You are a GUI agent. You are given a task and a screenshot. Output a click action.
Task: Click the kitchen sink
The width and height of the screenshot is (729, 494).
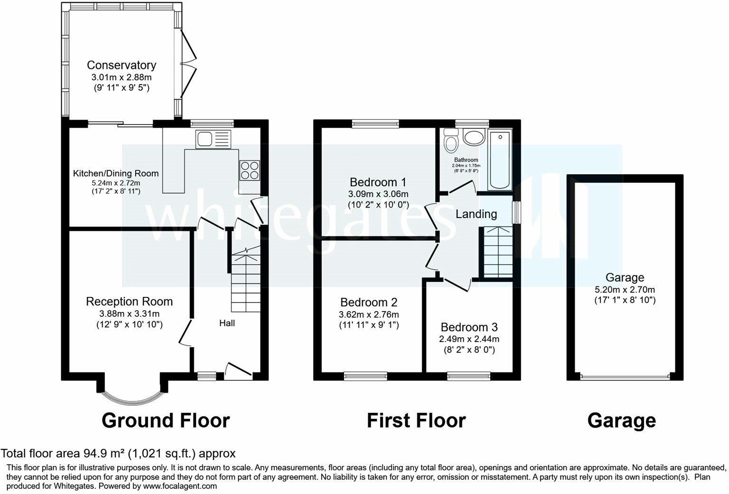(x=213, y=139)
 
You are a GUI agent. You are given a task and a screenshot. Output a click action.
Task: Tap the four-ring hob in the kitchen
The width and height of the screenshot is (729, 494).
(x=250, y=171)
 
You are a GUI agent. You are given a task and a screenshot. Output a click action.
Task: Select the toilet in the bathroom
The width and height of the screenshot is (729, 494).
(x=451, y=140)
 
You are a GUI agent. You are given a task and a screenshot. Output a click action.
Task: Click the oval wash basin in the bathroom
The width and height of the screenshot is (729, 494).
(x=474, y=137)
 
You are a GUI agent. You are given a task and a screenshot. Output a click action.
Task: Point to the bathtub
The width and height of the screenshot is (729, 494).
(x=500, y=160)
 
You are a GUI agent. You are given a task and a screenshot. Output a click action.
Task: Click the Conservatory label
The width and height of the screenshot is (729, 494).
(x=121, y=65)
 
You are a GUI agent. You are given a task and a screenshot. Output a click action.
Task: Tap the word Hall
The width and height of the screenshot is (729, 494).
(x=227, y=323)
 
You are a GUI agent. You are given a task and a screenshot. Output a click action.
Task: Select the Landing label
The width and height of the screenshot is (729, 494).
(x=476, y=214)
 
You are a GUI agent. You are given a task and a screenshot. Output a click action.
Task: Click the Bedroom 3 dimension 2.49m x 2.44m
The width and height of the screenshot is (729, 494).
(x=469, y=339)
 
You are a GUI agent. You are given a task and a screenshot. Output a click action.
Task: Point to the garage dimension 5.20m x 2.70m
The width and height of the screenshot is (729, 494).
(x=625, y=289)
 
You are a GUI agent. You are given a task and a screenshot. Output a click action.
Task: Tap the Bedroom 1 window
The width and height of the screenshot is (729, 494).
(x=375, y=124)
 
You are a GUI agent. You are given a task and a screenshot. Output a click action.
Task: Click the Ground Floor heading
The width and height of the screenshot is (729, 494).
(x=166, y=420)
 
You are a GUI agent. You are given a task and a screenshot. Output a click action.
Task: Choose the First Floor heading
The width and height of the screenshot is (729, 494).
(x=416, y=420)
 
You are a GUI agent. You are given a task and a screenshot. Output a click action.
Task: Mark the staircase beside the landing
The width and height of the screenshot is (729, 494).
(x=498, y=252)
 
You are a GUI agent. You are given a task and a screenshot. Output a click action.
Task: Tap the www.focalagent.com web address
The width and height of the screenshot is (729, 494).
(x=180, y=486)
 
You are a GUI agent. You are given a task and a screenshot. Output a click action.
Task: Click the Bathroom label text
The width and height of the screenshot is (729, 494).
(x=466, y=160)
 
